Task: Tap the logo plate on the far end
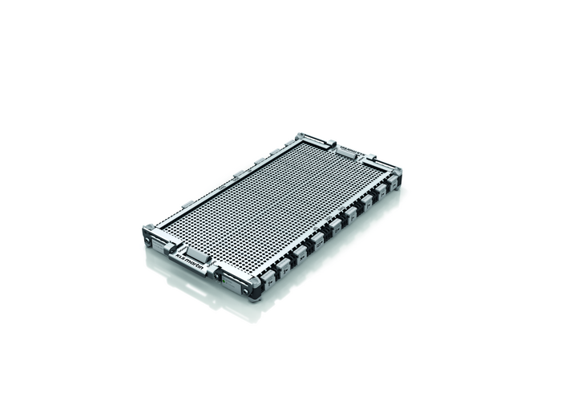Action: click(351, 149)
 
